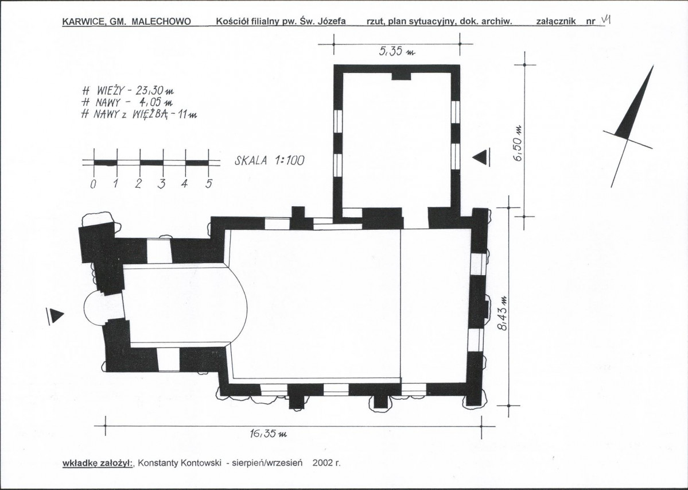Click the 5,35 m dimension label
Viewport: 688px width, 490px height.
click(x=397, y=52)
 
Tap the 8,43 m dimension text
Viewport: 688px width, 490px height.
click(x=503, y=312)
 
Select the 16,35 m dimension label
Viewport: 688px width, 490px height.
click(x=268, y=433)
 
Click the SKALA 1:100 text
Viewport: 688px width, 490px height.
click(x=270, y=161)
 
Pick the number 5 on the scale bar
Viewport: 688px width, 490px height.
click(x=209, y=183)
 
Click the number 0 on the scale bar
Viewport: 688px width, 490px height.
click(x=93, y=184)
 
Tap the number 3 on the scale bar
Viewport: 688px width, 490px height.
click(x=161, y=183)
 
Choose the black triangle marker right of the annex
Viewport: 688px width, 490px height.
click(x=480, y=157)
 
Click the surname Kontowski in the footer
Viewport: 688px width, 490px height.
click(x=200, y=463)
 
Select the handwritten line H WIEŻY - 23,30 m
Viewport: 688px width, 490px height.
click(x=128, y=91)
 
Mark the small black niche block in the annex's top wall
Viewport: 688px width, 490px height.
click(x=401, y=76)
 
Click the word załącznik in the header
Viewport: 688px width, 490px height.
click(x=555, y=21)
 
